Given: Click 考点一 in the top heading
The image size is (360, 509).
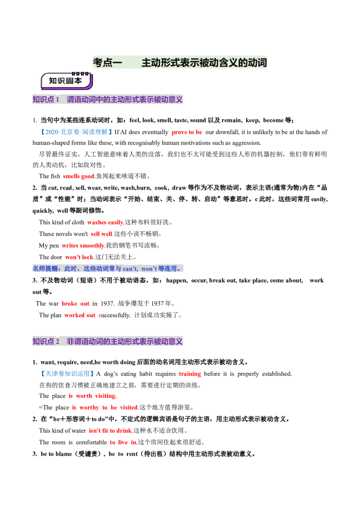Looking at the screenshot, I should [107, 63].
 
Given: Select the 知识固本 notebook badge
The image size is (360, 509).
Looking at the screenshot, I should [66, 81].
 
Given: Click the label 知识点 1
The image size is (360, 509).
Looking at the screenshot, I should [46, 100].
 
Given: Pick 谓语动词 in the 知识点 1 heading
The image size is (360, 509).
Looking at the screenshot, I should [81, 100].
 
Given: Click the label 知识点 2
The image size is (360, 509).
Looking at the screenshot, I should [46, 342].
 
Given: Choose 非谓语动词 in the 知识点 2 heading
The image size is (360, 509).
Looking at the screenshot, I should [85, 342].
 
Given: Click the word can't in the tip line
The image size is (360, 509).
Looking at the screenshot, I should [130, 269].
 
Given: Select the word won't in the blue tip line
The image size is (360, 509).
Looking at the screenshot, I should [149, 269].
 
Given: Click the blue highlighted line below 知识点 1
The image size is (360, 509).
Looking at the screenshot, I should [76, 132].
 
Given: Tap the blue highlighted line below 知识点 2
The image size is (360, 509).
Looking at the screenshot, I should [67, 374].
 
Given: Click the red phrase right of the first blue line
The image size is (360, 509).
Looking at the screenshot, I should [187, 133].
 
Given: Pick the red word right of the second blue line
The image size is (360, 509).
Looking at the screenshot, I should [189, 374].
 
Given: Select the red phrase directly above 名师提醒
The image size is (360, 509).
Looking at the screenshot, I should [80, 258].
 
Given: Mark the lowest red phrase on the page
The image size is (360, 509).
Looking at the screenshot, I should [122, 442].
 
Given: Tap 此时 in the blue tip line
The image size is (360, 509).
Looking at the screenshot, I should [71, 269].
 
